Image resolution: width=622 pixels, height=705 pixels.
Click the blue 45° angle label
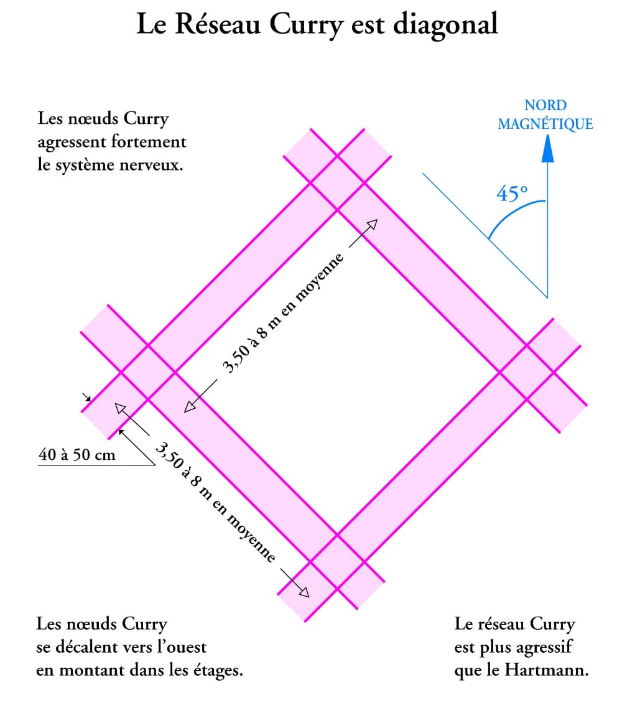511,194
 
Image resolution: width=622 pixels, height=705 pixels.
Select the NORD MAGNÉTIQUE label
545,115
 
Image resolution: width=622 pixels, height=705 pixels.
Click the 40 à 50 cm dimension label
77,455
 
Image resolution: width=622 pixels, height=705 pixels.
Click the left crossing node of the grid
147,372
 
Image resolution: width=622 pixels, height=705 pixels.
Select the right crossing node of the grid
527,372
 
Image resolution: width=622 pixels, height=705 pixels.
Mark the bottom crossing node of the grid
337,561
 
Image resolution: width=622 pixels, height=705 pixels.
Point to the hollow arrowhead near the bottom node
303,592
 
